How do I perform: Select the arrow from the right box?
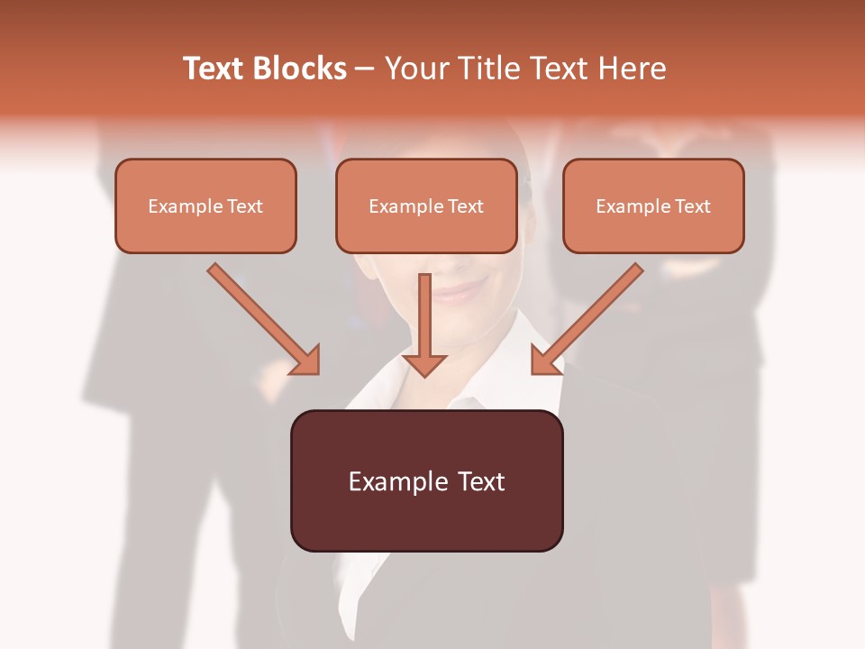590,315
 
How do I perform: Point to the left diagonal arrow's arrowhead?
306,361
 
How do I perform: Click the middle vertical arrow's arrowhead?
424,363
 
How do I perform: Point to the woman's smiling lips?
460,290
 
